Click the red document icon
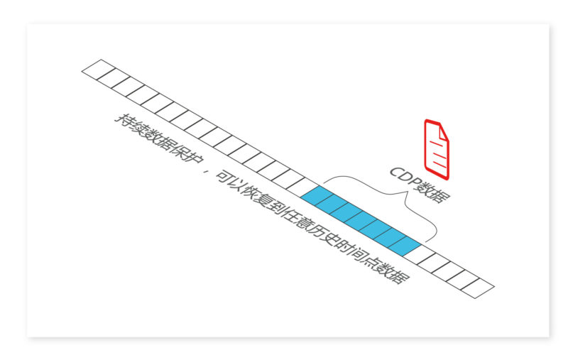coord(437,148)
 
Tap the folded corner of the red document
coord(444,130)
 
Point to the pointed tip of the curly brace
coord(408,203)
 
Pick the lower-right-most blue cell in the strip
coord(407,246)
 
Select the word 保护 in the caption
coord(181,154)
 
